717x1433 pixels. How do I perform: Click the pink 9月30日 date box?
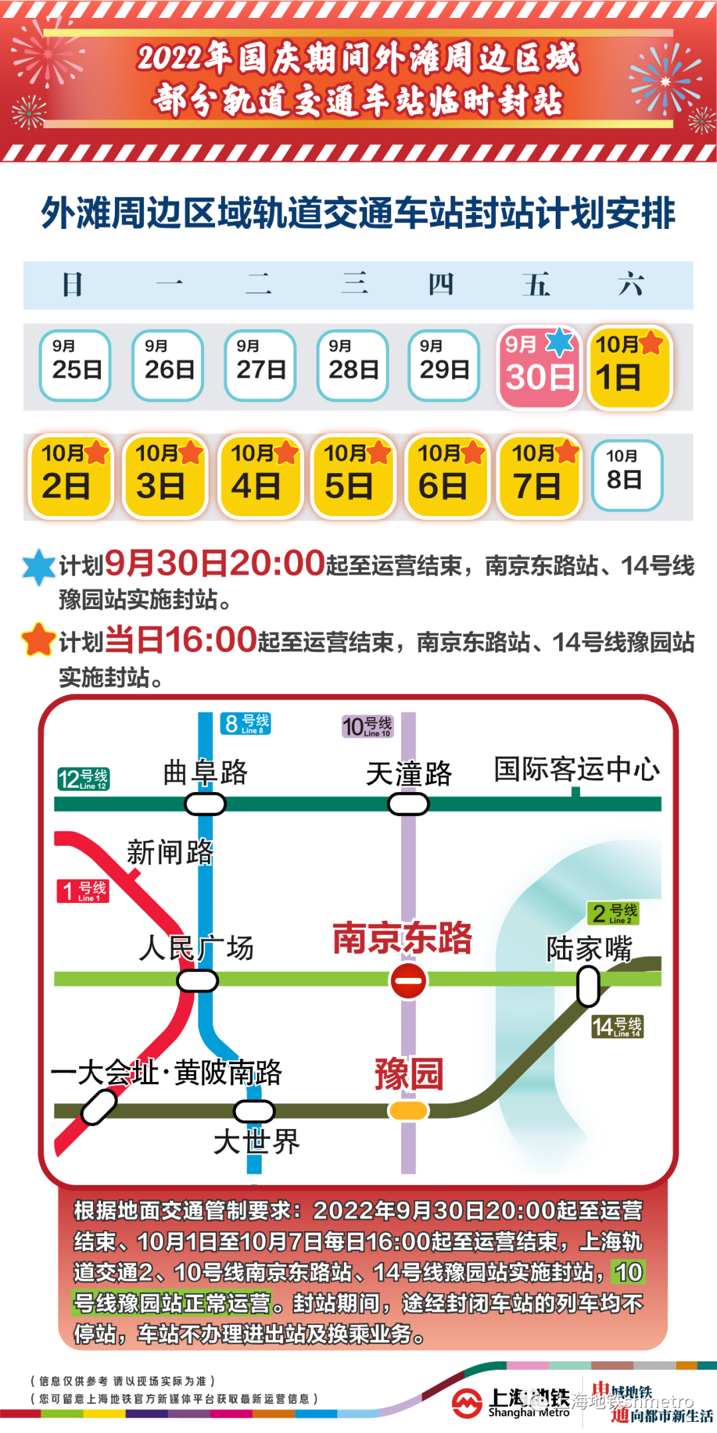tap(539, 368)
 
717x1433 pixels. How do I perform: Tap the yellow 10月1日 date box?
tap(630, 368)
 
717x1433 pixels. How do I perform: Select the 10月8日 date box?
tap(626, 475)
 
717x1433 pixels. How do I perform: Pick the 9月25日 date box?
tap(75, 366)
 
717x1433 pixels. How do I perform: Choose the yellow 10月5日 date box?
tap(353, 475)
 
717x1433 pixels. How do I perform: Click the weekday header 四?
tap(441, 285)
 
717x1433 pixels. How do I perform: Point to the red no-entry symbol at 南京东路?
tap(408, 981)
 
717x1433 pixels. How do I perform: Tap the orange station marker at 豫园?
tap(408, 1110)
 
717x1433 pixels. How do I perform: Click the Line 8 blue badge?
tap(246, 723)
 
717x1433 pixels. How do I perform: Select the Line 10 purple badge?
tap(368, 726)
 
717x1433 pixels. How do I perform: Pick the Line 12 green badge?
tap(84, 779)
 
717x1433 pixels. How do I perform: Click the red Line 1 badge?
tap(83, 890)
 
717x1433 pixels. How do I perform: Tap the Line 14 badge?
tap(617, 1027)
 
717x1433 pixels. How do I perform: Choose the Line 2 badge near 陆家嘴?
tap(614, 914)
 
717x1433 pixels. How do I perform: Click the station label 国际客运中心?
tap(577, 770)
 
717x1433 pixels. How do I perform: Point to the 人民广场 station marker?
tap(197, 981)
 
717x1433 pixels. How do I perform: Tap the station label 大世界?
tap(257, 1142)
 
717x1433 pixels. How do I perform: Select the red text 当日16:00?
tap(181, 641)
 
